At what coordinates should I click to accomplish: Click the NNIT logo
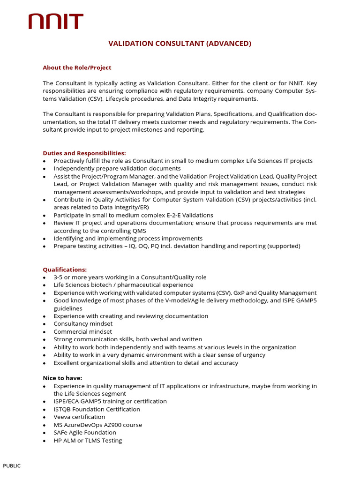click(x=56, y=22)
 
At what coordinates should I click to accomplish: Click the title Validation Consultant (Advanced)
click(x=180, y=44)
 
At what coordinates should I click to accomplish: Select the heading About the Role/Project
click(x=77, y=67)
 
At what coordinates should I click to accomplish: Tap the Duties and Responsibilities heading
click(x=84, y=153)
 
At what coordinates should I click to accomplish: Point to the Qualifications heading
click(x=65, y=270)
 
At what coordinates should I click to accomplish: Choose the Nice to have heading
click(x=62, y=378)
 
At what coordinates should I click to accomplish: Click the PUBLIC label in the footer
click(x=12, y=465)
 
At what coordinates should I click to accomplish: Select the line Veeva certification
click(x=79, y=417)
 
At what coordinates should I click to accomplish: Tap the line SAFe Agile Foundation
click(x=85, y=432)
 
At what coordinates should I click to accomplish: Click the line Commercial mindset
click(x=82, y=331)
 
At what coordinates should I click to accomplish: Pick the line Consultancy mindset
click(x=83, y=323)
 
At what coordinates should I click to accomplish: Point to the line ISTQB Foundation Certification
click(x=97, y=409)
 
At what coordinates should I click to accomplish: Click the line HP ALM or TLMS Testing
click(x=88, y=440)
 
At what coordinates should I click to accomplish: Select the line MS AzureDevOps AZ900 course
click(x=97, y=425)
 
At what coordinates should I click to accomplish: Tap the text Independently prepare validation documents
click(x=117, y=168)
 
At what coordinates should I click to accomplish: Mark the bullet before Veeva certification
click(x=44, y=417)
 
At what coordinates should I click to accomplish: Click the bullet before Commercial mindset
click(x=44, y=332)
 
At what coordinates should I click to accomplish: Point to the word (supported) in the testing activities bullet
click(x=284, y=246)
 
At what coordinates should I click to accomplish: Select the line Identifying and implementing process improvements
click(x=128, y=238)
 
